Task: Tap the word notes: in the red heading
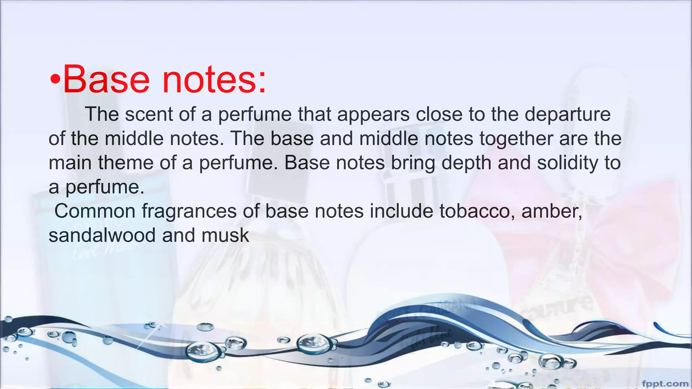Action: click(x=214, y=80)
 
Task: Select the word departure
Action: click(x=568, y=115)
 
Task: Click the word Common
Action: click(x=95, y=211)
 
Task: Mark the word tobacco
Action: click(x=477, y=211)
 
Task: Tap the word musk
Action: click(x=225, y=235)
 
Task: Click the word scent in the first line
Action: click(x=149, y=114)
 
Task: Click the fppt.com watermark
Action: click(x=665, y=383)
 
